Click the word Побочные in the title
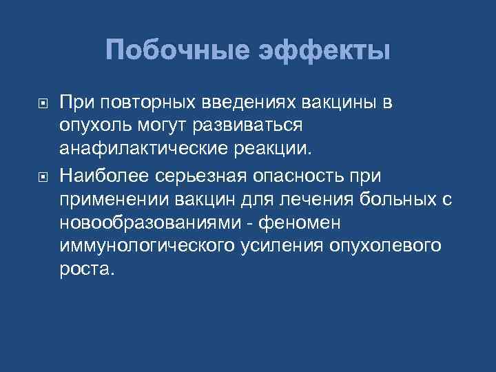(178, 51)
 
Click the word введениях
(241, 103)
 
